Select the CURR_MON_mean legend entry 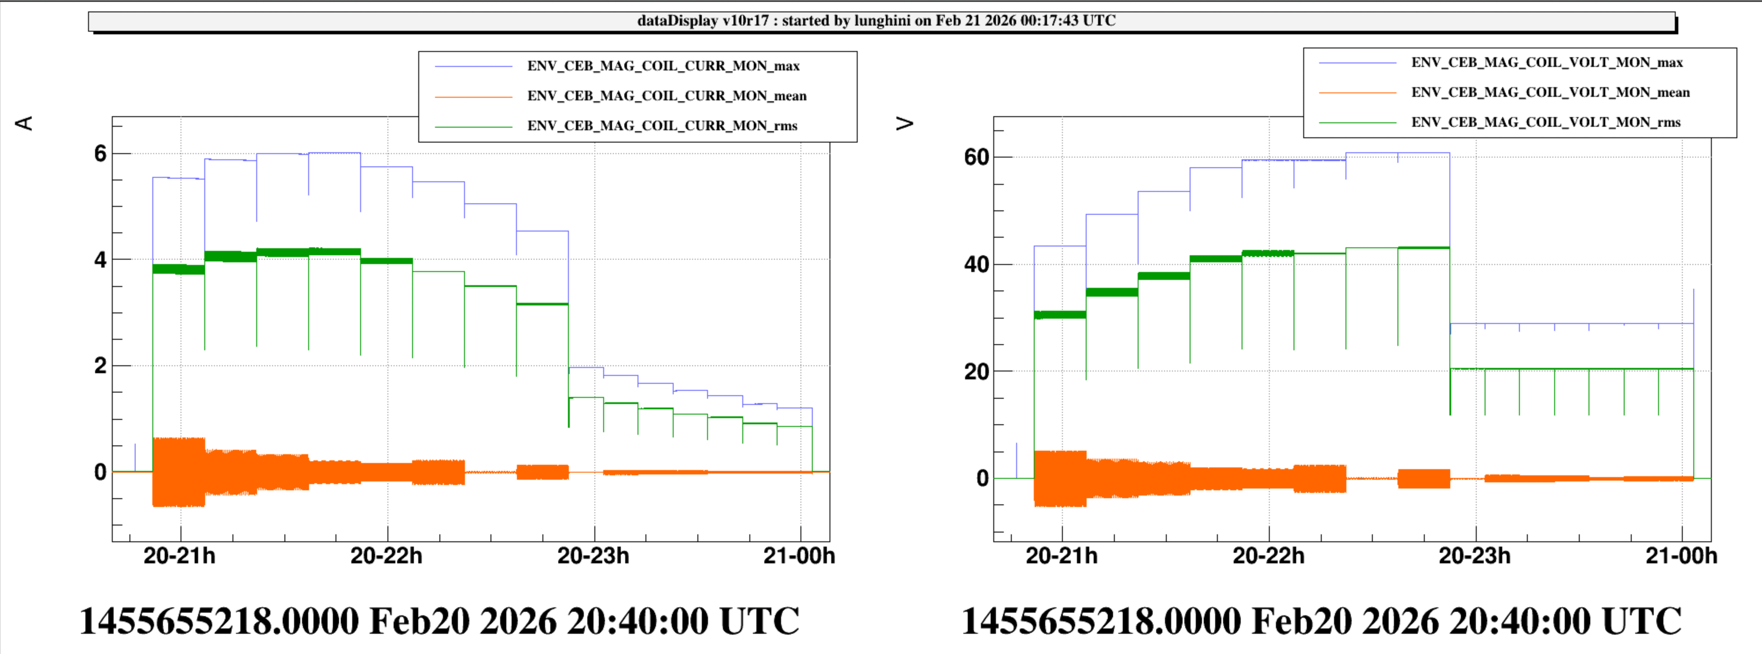click(x=666, y=96)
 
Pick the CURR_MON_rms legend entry click(x=661, y=126)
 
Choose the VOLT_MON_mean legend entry click(x=1550, y=92)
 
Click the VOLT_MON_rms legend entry click(x=1545, y=122)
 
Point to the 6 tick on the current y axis click(x=100, y=154)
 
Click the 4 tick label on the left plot click(x=100, y=260)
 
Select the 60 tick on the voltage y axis click(x=977, y=157)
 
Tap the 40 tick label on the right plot click(x=977, y=265)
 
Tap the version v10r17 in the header click(x=745, y=21)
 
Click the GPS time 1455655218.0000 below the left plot click(x=219, y=621)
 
